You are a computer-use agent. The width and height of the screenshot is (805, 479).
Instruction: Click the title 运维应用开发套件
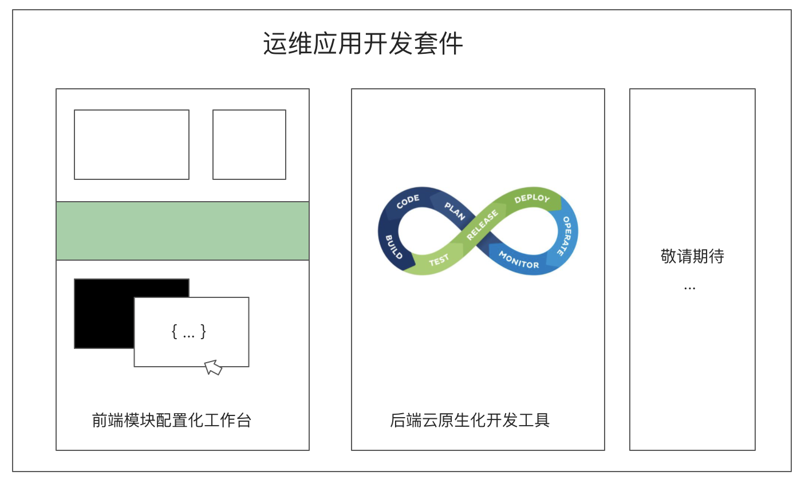363,44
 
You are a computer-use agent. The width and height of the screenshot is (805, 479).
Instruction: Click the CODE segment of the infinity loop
408,202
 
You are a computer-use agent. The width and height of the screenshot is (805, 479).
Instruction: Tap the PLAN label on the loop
455,211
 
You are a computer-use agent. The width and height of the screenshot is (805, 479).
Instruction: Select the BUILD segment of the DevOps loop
393,247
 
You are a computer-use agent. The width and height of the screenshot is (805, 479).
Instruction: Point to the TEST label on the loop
439,260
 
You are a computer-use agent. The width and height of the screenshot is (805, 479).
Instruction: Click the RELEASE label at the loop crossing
482,225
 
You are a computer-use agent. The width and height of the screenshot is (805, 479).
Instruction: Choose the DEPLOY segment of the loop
532,198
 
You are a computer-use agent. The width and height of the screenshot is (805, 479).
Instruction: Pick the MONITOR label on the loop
519,260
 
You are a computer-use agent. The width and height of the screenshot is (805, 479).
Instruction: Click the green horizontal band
183,231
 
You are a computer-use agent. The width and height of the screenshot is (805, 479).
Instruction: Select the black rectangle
132,313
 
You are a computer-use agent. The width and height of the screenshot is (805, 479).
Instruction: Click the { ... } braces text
189,332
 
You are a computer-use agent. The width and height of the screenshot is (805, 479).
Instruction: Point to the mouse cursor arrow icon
213,367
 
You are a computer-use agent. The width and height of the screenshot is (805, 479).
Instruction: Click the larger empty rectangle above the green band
132,144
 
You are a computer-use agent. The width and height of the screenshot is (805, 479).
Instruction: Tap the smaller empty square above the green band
250,144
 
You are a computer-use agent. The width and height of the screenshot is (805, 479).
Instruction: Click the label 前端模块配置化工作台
172,420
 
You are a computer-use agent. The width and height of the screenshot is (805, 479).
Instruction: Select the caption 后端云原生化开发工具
470,420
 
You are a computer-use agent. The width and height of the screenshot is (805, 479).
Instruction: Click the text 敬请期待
692,256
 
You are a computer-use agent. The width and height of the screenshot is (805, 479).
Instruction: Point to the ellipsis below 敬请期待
690,288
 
